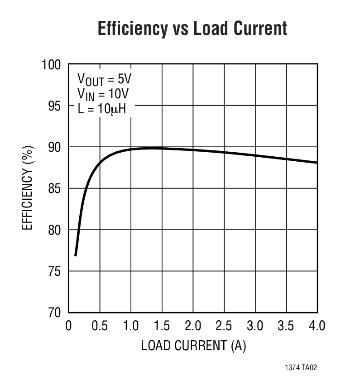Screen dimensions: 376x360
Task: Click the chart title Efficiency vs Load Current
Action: point(192,29)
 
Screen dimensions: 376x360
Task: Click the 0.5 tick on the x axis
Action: point(100,326)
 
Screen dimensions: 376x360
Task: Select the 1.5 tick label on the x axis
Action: point(162,326)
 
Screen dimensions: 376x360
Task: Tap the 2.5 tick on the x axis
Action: point(224,326)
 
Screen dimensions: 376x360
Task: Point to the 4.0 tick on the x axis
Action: point(317,326)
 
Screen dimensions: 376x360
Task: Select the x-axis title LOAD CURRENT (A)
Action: point(193,346)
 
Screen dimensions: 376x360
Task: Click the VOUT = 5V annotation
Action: point(104,80)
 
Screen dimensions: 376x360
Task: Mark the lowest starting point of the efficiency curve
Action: point(75,255)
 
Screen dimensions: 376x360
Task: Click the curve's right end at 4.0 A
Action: point(317,162)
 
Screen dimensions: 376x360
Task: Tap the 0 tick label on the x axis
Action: point(69,326)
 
